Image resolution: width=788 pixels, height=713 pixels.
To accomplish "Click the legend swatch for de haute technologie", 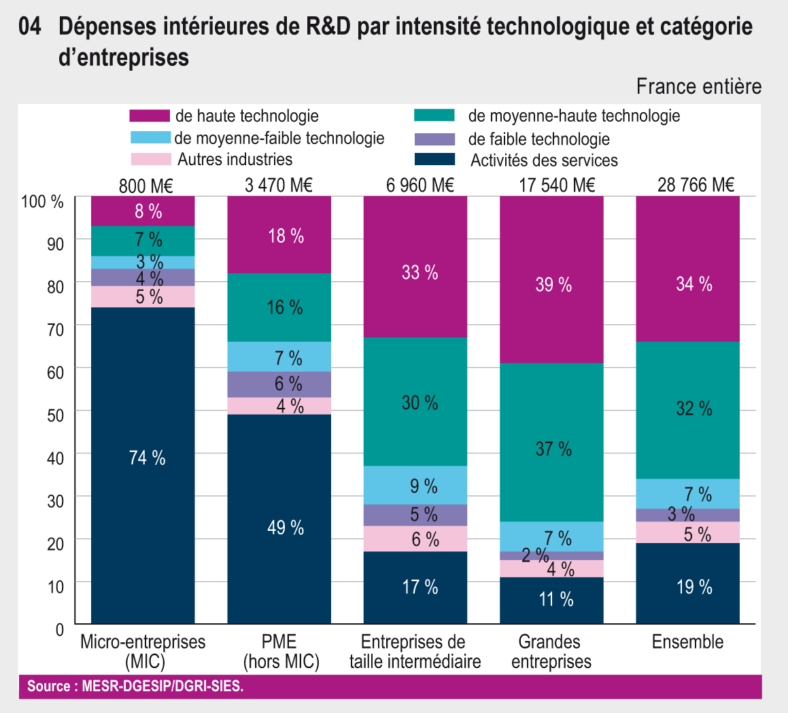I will [x=149, y=116].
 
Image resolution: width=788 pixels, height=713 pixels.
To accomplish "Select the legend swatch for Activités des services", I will [x=434, y=160].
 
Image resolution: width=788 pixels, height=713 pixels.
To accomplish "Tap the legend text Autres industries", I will [x=235, y=160].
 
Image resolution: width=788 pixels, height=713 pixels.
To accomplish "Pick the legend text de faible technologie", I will [x=539, y=139].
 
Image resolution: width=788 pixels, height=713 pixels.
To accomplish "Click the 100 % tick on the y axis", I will [x=42, y=201].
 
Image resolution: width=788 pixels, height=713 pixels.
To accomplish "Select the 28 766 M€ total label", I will [x=687, y=185].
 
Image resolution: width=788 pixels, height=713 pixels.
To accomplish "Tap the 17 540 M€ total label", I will [x=551, y=185].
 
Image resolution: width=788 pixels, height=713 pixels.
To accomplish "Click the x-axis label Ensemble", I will [x=687, y=642].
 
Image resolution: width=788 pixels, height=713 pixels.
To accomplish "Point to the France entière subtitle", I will [x=699, y=87].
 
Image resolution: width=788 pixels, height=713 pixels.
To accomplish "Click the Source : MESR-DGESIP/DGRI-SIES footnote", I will [x=135, y=686].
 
